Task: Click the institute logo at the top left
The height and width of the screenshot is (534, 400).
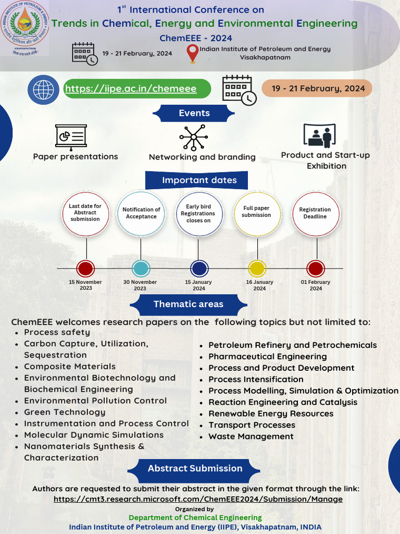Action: [24, 27]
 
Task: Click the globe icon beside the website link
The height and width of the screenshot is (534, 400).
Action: [43, 89]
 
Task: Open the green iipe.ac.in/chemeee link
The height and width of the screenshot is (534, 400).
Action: [131, 89]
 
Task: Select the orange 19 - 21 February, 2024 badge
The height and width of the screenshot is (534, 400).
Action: [317, 88]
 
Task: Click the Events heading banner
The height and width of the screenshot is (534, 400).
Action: [194, 113]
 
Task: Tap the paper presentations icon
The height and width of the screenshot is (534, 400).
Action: [71, 136]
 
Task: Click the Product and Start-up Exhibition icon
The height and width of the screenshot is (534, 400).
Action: [319, 136]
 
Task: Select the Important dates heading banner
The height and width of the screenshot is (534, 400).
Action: [199, 180]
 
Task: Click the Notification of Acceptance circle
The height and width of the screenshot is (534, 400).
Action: [141, 213]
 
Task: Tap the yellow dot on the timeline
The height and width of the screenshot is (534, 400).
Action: [257, 269]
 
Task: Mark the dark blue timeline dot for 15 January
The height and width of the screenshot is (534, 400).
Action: [198, 269]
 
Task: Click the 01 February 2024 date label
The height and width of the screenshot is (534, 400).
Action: [316, 285]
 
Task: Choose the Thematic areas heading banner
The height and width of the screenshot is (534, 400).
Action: [188, 304]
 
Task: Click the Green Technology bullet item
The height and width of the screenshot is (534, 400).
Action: [65, 412]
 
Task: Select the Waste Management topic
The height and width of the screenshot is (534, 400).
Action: [251, 436]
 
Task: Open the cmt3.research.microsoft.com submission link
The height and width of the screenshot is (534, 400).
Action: [198, 499]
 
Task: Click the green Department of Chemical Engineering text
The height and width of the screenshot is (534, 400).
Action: [195, 518]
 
